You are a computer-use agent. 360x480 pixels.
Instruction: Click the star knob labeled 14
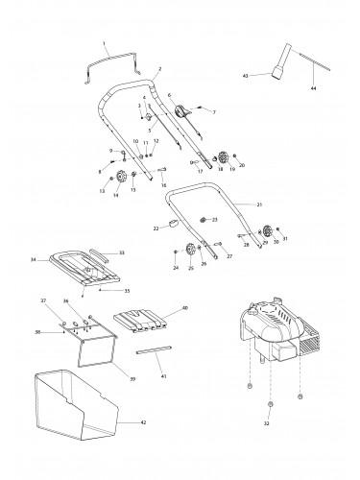[125, 176]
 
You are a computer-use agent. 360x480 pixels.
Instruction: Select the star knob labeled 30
[264, 230]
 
